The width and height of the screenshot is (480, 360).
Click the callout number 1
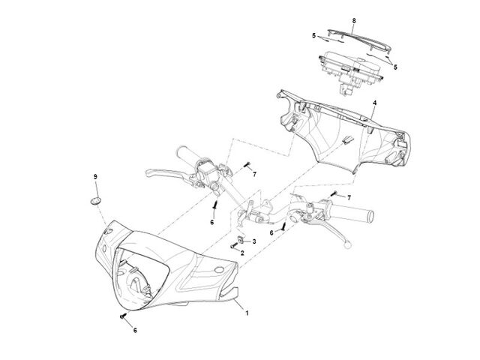[247, 313]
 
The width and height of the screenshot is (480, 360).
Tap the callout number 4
[374, 103]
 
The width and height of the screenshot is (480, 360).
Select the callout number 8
[354, 21]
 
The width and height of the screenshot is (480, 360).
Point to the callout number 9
[95, 177]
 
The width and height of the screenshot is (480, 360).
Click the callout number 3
[254, 241]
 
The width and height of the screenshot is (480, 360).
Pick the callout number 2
[242, 253]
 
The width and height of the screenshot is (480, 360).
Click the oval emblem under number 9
[95, 201]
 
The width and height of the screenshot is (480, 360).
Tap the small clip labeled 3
[241, 239]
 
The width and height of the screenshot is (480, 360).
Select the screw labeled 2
[233, 245]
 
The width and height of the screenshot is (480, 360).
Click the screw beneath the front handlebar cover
[123, 316]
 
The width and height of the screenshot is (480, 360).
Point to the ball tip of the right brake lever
[347, 245]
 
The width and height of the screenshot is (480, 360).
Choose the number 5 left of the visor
[313, 36]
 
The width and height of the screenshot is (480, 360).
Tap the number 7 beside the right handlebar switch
[349, 198]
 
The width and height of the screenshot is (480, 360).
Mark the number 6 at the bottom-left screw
[135, 330]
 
